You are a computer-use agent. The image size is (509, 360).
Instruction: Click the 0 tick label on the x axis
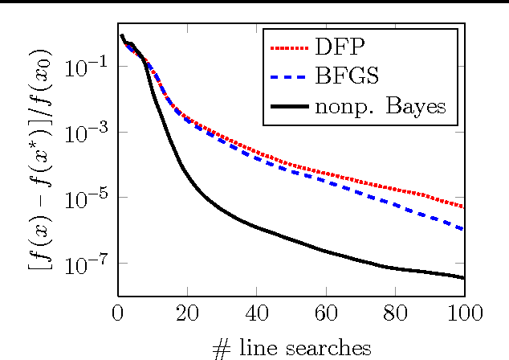pos(118,312)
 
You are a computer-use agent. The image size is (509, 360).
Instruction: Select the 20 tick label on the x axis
pos(187,312)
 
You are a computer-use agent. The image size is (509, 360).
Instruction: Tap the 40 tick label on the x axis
pos(257,312)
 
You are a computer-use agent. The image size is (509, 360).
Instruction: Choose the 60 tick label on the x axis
pos(326,312)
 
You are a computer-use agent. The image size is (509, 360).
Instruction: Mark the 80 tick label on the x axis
pos(395,312)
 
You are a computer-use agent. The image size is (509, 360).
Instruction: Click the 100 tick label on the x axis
pos(464,312)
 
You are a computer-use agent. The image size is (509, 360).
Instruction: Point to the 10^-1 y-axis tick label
pos(90,66)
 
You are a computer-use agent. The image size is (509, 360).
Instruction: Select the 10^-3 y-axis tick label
pos(90,132)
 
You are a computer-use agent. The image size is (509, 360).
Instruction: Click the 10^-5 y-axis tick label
pos(90,198)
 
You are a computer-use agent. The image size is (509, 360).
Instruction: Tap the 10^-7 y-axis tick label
pos(90,264)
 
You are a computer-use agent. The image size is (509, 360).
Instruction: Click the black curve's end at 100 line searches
pos(463,278)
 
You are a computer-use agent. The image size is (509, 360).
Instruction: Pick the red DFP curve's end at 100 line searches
pos(463,207)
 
